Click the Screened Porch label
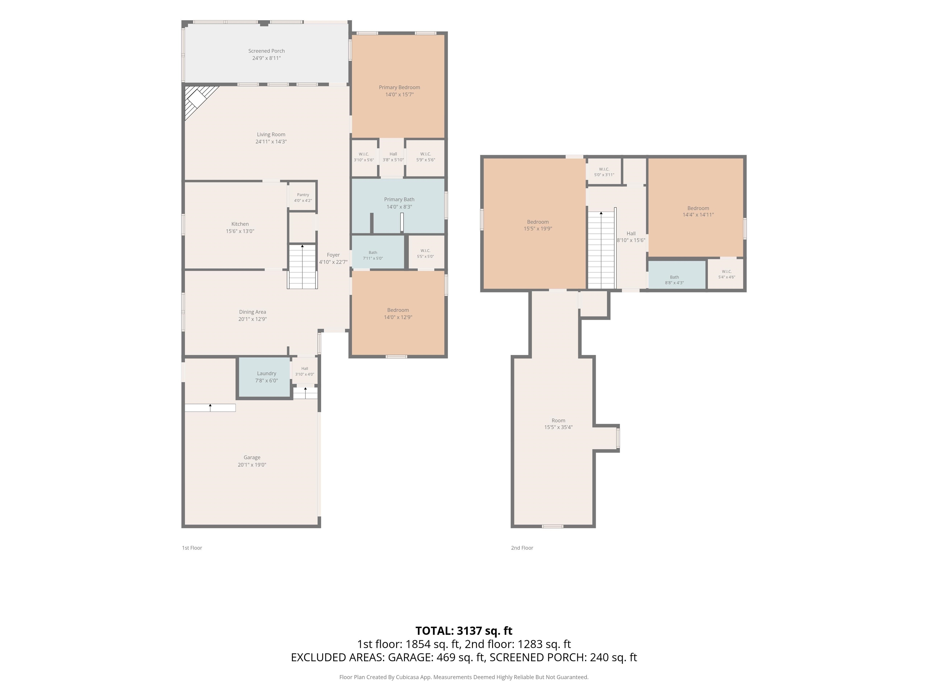[x=266, y=51]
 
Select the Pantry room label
[x=303, y=195]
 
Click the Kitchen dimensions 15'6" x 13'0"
[x=240, y=231]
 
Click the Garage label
[x=252, y=457]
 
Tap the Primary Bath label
[x=399, y=199]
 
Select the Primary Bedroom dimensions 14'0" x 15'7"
[x=399, y=94]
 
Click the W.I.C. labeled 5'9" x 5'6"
[x=425, y=157]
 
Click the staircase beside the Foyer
[x=302, y=267]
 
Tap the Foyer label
[x=333, y=255]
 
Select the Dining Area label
[x=253, y=312]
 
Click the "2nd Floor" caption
[x=522, y=548]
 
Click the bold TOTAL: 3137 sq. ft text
[x=464, y=631]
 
